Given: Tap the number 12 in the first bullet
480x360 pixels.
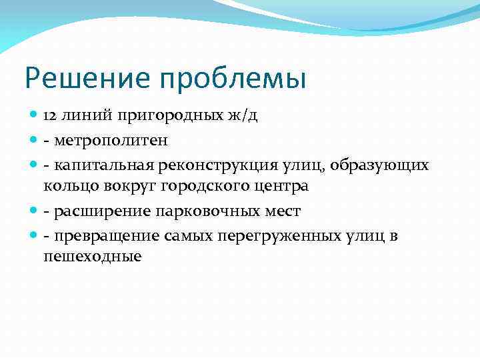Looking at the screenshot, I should [51, 115].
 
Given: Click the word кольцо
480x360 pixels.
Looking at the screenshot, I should [68, 186].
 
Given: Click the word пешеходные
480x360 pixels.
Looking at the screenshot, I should [93, 257].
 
